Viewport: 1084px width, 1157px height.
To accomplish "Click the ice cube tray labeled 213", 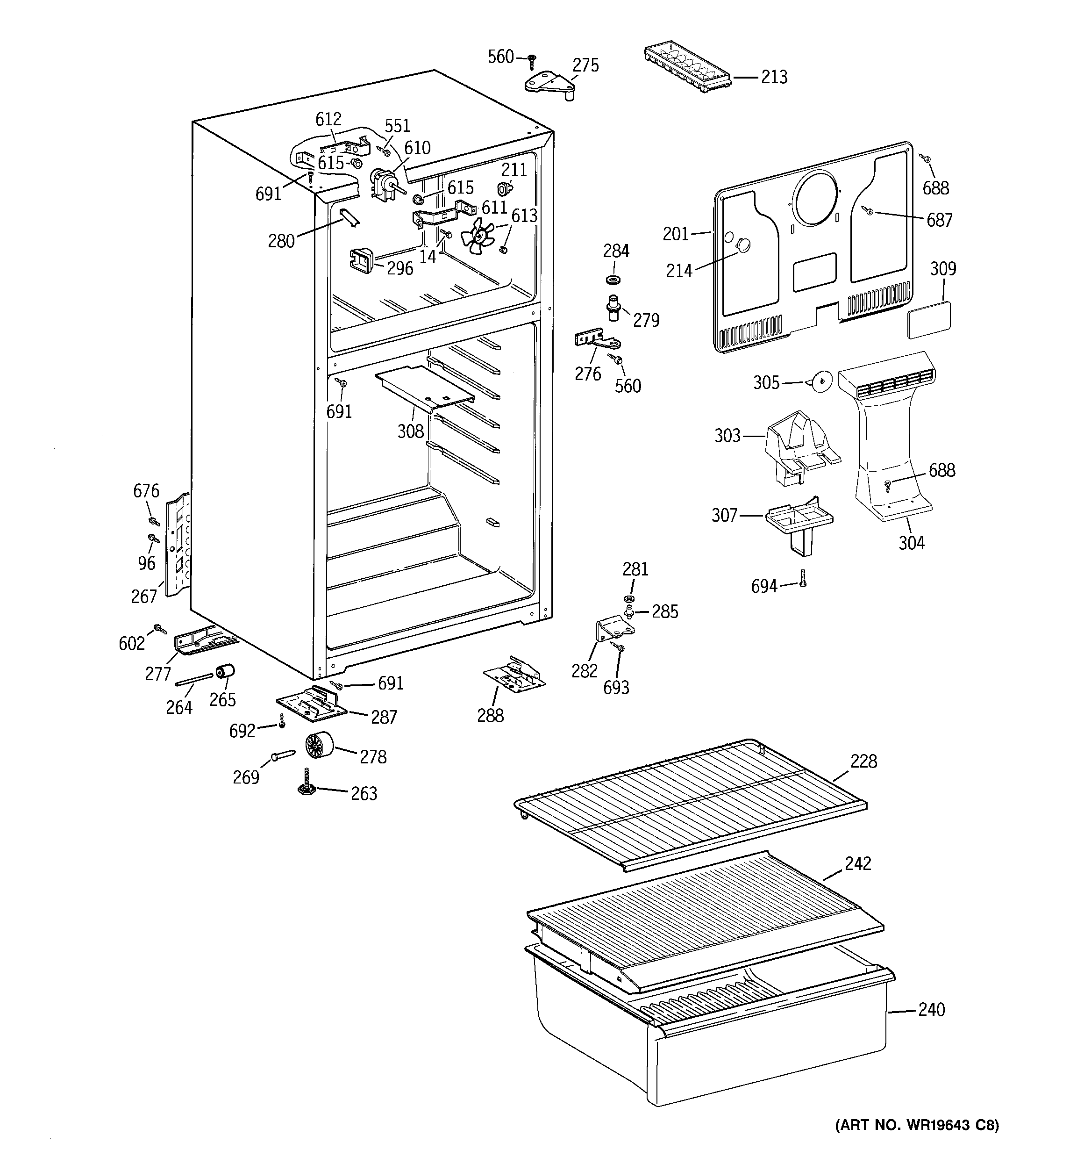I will [688, 69].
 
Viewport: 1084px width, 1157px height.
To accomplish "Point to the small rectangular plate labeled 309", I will [929, 319].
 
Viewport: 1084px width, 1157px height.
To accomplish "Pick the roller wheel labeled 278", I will [317, 746].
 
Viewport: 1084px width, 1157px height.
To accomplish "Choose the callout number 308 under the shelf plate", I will [410, 431].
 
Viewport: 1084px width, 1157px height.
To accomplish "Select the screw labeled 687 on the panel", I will [869, 212].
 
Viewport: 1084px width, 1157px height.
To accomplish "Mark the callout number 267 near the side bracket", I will [144, 596].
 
